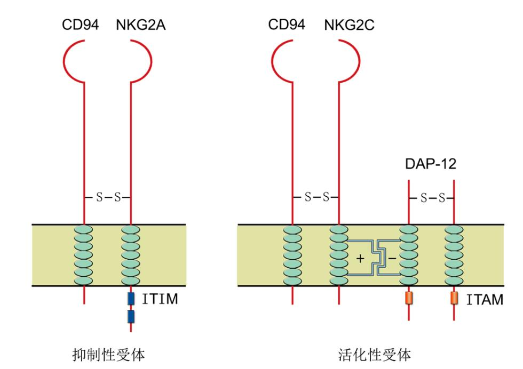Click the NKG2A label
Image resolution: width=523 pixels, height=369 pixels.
coord(141,25)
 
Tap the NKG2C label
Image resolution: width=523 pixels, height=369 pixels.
coord(349,25)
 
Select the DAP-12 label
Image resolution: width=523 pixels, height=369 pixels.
coord(431,164)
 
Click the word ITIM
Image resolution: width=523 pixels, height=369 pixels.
coord(160,299)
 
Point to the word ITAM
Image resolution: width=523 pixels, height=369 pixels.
coord(485,300)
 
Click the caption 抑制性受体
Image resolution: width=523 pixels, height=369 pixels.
coord(109,355)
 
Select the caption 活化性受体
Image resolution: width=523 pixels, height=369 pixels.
coord(374,355)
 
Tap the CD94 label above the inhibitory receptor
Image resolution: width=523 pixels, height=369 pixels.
coord(81,25)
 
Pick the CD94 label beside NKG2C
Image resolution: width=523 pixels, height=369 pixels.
coord(287,25)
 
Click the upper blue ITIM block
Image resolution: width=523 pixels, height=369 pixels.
coord(131,299)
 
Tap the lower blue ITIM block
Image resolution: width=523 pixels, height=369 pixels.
coord(131,317)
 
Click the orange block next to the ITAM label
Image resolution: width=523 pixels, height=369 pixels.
coord(454,298)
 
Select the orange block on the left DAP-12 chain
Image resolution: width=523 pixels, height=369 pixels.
coord(409,298)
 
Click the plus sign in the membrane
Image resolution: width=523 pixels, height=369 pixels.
coord(360,258)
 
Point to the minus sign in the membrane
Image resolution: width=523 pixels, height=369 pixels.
coord(393,258)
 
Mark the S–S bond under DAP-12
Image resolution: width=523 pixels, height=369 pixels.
coord(432,198)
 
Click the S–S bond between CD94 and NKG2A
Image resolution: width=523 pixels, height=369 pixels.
coord(108,197)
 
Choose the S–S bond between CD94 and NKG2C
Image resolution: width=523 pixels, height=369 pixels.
coord(316,197)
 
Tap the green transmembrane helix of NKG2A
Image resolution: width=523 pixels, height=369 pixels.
coord(131,255)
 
